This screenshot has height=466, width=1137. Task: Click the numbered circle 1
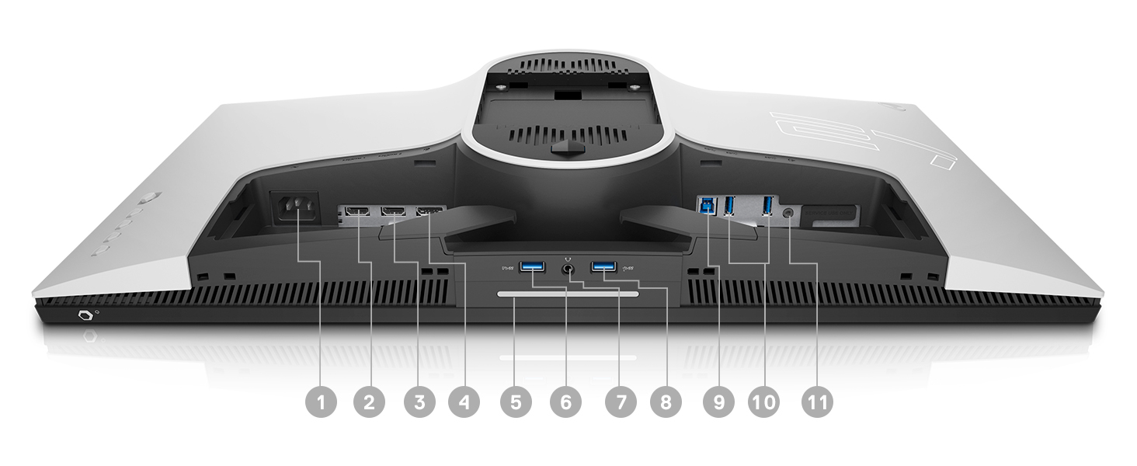click(x=322, y=402)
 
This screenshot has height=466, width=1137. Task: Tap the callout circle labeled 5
click(x=516, y=402)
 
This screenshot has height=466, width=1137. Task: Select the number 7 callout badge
click(x=620, y=402)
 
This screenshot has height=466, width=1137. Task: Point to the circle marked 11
click(x=815, y=402)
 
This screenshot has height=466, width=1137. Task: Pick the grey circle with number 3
click(x=419, y=402)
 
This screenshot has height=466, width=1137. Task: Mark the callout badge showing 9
click(x=718, y=402)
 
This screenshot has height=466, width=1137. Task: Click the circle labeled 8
click(x=665, y=402)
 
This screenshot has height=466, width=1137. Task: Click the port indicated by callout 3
click(x=393, y=211)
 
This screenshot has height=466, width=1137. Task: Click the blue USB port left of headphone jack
click(x=534, y=268)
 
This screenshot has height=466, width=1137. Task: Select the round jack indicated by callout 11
click(x=790, y=210)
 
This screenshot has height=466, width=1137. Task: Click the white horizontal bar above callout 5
click(x=568, y=294)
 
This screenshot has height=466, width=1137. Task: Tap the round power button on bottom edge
click(x=84, y=317)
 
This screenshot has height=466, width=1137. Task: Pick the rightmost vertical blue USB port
click(x=768, y=206)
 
